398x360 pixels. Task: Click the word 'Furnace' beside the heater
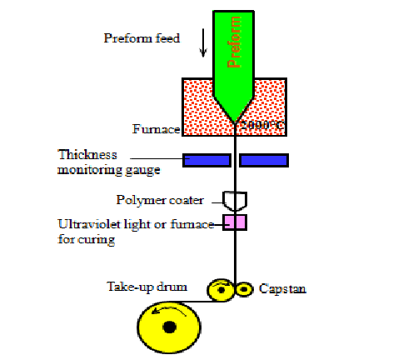(156, 129)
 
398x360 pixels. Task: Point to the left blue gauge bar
(206, 159)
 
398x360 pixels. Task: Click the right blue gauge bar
(263, 159)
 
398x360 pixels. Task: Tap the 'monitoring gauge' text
(108, 169)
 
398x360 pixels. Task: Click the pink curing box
(235, 222)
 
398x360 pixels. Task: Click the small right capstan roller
(245, 289)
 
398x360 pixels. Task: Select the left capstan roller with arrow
(221, 288)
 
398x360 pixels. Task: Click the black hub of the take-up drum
(170, 327)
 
